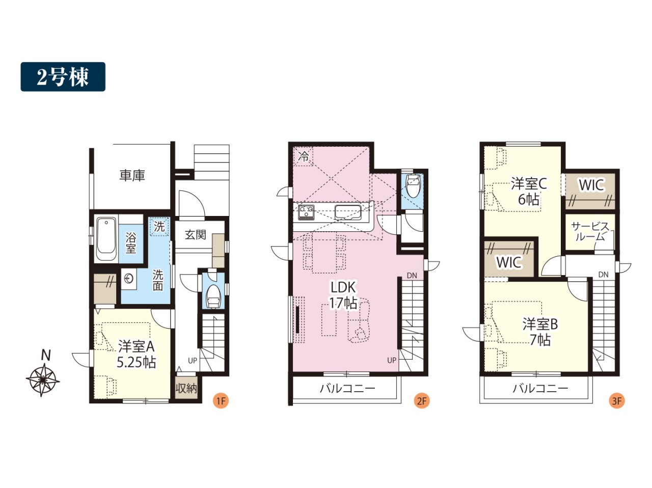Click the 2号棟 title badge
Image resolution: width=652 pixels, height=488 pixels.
(x=63, y=76)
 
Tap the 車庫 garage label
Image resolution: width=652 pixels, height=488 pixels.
(x=132, y=176)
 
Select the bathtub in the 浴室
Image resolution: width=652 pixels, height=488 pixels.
(x=106, y=240)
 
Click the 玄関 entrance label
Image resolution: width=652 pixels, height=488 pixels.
(x=196, y=235)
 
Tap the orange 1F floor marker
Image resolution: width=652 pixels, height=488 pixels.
(x=221, y=401)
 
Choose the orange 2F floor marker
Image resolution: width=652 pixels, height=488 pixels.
(x=422, y=401)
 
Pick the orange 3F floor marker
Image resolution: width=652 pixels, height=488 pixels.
(x=617, y=401)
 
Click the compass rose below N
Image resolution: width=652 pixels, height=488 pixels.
(x=42, y=380)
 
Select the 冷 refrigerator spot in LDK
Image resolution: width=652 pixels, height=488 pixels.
(x=304, y=156)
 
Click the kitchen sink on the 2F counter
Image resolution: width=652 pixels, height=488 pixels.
(x=348, y=212)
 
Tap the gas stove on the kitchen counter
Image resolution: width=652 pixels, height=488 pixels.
(x=306, y=212)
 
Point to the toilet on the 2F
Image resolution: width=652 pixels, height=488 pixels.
(x=414, y=185)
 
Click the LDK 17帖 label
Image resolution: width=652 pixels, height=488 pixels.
(x=343, y=295)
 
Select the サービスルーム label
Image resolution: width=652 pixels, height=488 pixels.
(x=590, y=232)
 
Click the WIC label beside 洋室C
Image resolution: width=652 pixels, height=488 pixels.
(x=591, y=185)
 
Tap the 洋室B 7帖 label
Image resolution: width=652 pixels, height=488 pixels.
(x=540, y=332)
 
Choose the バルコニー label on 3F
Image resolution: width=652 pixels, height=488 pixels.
(x=540, y=389)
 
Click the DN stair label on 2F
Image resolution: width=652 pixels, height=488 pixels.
(x=412, y=276)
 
